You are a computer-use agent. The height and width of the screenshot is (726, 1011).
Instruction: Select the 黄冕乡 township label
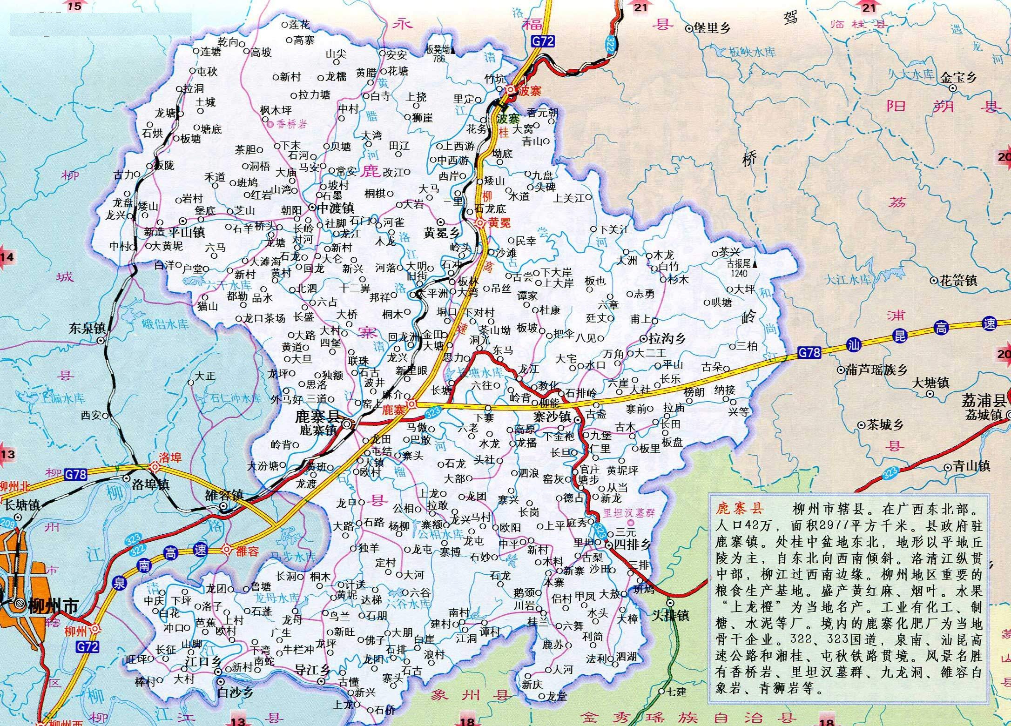(442, 233)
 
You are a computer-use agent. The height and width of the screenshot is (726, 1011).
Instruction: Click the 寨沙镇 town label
(552, 417)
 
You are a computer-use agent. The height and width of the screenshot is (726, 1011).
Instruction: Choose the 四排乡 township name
(632, 544)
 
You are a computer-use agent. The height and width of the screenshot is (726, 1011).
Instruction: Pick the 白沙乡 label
(236, 692)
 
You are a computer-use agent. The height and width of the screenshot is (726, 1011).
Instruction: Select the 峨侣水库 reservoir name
(166, 325)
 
